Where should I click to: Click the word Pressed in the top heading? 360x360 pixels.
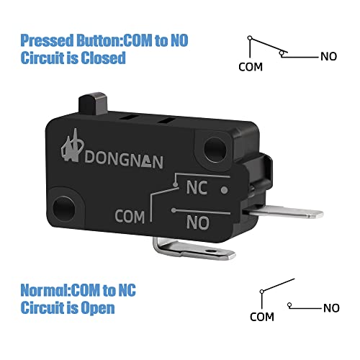47,40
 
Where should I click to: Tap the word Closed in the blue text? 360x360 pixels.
103,58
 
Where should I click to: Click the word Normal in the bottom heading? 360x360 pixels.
45,290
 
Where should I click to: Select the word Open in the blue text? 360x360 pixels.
98,308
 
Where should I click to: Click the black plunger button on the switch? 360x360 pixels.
93,103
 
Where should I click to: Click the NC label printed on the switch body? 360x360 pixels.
197,187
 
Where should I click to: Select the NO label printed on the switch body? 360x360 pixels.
198,222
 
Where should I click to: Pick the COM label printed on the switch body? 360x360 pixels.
130,217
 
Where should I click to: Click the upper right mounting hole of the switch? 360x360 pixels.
215,149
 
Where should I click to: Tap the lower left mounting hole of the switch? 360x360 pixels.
63,208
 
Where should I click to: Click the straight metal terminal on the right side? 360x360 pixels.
283,212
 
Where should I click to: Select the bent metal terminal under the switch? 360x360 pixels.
192,250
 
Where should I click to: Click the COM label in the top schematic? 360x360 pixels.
251,67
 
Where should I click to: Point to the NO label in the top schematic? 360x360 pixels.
329,57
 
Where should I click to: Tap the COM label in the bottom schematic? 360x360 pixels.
262,317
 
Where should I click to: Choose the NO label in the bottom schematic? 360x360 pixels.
331,308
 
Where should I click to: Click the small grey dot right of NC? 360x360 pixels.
225,190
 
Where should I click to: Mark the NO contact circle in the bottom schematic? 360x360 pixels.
289,305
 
